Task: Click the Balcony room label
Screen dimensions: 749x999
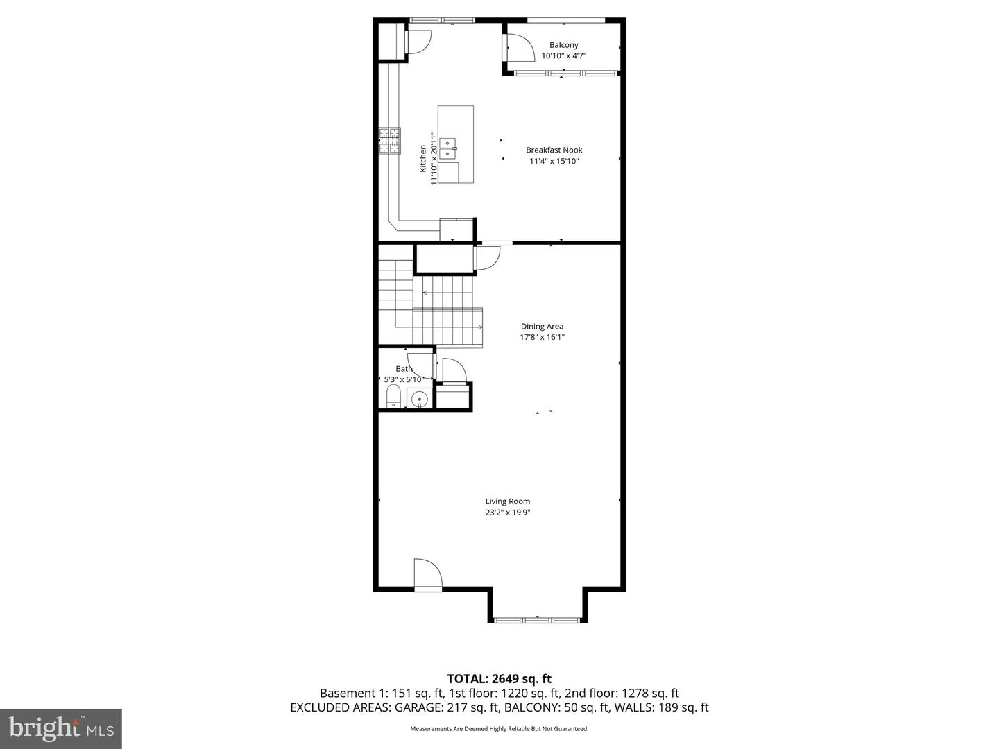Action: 563,45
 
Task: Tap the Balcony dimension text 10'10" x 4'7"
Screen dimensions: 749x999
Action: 563,56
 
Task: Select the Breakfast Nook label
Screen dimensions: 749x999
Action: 554,150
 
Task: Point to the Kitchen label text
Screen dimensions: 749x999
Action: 423,158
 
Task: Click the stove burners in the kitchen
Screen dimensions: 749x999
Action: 389,140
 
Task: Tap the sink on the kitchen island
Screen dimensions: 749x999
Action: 448,145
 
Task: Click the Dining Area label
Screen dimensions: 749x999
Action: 542,326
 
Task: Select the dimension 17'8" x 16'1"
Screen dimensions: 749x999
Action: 542,338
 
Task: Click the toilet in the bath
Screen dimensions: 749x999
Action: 393,397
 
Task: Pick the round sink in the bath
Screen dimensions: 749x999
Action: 419,399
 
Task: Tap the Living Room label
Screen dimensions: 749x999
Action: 507,501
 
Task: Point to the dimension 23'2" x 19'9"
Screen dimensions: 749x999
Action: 507,513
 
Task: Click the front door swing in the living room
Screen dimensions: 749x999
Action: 427,574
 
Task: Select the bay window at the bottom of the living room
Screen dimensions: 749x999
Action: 538,617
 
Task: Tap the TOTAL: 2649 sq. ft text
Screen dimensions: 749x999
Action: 499,678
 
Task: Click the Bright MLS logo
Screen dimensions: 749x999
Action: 61,728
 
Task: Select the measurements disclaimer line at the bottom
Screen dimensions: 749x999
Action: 499,729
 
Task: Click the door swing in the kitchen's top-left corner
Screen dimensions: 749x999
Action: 418,41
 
